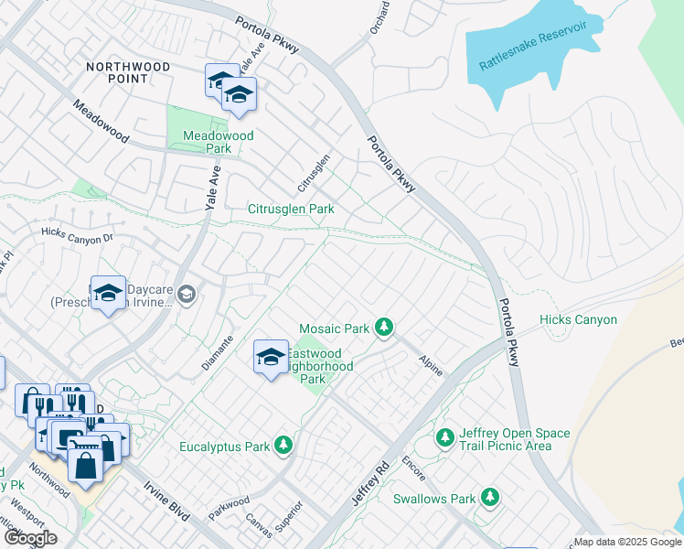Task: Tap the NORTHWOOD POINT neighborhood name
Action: pyautogui.click(x=128, y=73)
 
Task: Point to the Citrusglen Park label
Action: pyautogui.click(x=291, y=209)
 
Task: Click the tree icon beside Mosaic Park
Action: pyautogui.click(x=385, y=327)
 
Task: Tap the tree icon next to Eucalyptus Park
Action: pyautogui.click(x=284, y=445)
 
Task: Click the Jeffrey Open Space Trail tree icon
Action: pyautogui.click(x=444, y=438)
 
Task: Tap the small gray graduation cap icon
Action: pyautogui.click(x=187, y=293)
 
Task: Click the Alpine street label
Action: pyautogui.click(x=431, y=366)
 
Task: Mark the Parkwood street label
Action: pyautogui.click(x=229, y=508)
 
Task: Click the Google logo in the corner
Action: pyautogui.click(x=30, y=538)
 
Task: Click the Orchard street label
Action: pyautogui.click(x=380, y=17)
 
